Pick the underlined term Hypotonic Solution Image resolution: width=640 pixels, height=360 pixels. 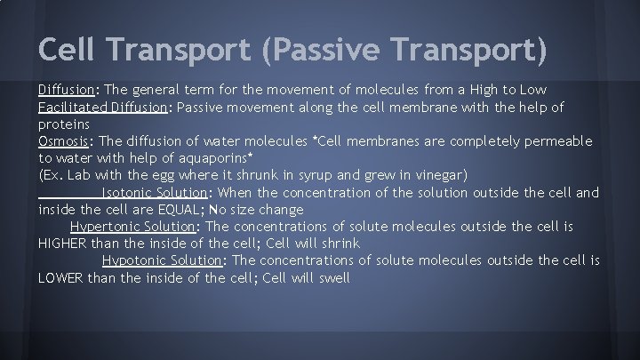pyautogui.click(x=160, y=260)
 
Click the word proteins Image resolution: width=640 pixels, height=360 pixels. pyautogui.click(x=63, y=124)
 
